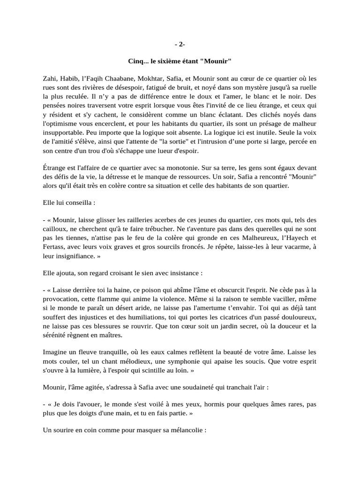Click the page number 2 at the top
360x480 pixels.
pyautogui.click(x=180, y=45)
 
